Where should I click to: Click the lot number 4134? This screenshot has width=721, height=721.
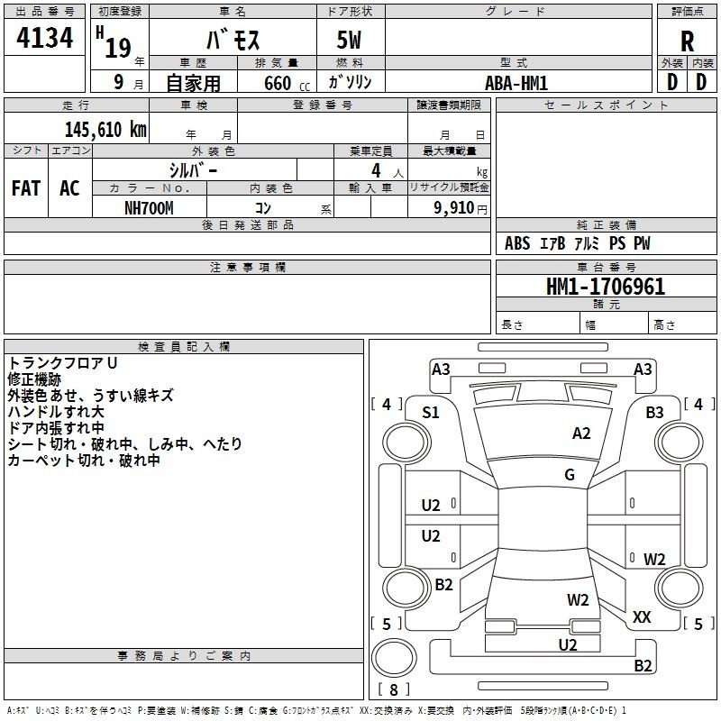(x=45, y=39)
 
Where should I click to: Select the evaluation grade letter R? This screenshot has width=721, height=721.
(x=687, y=41)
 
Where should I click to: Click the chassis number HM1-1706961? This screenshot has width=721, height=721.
(x=606, y=287)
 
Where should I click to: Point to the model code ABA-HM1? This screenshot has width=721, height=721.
(x=516, y=83)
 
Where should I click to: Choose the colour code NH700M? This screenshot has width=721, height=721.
(x=150, y=206)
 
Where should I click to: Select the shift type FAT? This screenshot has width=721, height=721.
(x=26, y=188)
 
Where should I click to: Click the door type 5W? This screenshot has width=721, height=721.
(x=350, y=41)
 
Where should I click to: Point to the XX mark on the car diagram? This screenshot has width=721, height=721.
(x=642, y=617)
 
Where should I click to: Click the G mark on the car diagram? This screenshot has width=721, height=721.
(x=570, y=475)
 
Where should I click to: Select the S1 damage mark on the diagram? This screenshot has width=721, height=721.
(x=431, y=413)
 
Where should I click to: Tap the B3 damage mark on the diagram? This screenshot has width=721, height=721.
(x=654, y=413)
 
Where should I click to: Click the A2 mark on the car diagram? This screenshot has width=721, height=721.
(x=581, y=434)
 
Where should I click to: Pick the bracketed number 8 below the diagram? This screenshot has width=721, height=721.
(x=392, y=690)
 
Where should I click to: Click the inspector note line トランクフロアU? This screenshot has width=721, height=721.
(x=63, y=362)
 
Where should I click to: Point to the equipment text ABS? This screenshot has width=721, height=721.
(x=517, y=243)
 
